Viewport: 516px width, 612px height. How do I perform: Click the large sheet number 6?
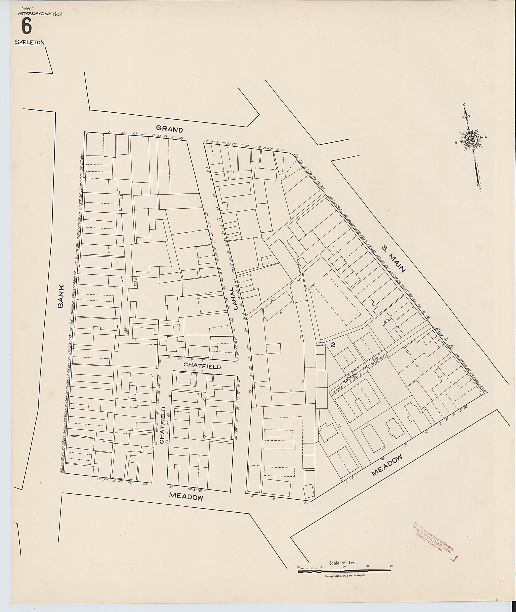[26, 27]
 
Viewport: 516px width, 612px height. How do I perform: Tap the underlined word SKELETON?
[30, 42]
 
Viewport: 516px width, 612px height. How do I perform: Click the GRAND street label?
[169, 129]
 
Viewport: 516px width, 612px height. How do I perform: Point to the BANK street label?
[60, 296]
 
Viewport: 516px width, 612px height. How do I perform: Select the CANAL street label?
[236, 298]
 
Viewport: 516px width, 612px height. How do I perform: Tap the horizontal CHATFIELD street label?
[202, 366]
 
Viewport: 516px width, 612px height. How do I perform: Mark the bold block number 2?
[333, 345]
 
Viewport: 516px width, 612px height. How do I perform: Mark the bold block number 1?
[158, 323]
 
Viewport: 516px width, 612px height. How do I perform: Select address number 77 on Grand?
[110, 132]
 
